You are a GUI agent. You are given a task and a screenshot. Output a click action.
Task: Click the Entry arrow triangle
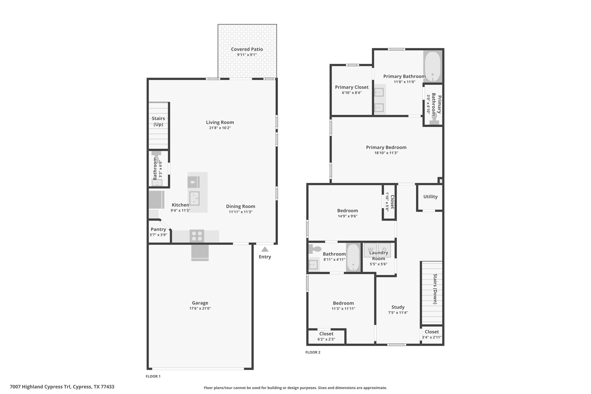pos(265,249)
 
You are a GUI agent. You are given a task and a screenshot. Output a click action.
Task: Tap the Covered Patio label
pos(247,49)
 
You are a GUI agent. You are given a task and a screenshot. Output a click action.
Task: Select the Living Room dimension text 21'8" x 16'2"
pos(220,128)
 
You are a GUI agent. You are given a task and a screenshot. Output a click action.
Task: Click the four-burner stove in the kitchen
pos(197,236)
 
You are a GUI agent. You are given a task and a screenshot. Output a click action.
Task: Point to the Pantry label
pos(158,229)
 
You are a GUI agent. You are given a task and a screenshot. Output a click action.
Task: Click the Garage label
pos(200,303)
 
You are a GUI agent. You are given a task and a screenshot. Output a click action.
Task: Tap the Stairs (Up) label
pos(158,121)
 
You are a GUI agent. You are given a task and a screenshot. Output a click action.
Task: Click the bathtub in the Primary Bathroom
pos(433,66)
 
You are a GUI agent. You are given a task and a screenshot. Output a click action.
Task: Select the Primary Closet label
pos(352,87)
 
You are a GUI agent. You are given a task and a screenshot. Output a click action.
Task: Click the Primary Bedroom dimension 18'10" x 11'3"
pos(386,153)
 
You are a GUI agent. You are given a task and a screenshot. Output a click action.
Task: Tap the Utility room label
pos(430,197)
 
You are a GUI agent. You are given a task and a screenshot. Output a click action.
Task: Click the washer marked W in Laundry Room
pos(370,249)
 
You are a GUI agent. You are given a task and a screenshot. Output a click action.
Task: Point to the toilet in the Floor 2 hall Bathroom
pos(315,249)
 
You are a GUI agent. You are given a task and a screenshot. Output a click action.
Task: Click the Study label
pos(398,307)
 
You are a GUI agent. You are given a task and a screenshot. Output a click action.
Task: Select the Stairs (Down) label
pos(435,289)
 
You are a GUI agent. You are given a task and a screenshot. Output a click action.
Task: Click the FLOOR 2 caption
pos(313,352)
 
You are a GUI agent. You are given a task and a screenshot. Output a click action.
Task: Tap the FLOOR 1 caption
pos(153,376)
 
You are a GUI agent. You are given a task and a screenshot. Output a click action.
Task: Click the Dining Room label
pos(241,206)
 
